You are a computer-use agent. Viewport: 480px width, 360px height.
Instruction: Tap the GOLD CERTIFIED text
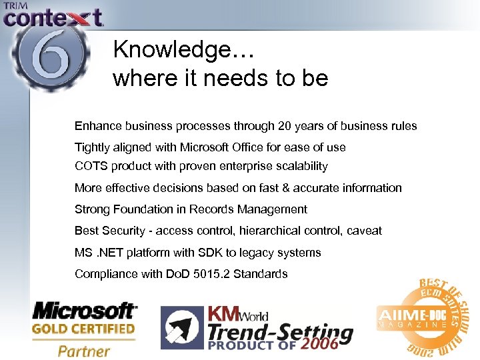(x=84, y=329)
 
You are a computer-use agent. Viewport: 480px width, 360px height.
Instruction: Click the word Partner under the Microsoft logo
(x=84, y=349)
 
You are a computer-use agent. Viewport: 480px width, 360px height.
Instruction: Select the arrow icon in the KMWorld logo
(x=180, y=328)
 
